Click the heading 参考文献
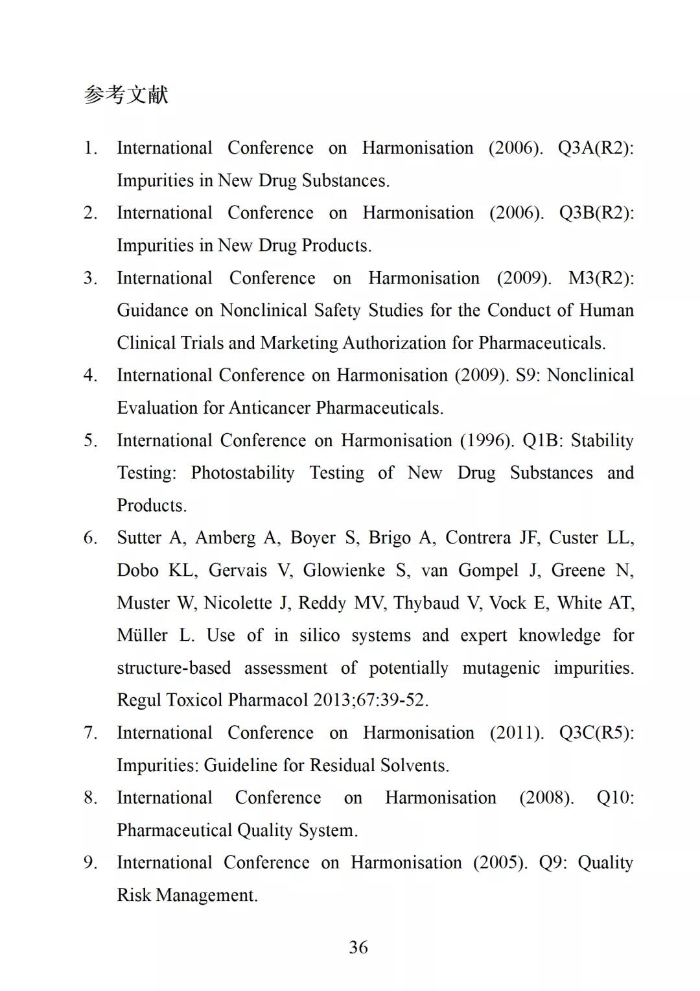(126, 95)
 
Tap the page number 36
(358, 948)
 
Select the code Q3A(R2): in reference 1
(596, 148)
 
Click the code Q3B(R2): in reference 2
(596, 213)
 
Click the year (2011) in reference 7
(517, 733)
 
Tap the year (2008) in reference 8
(546, 798)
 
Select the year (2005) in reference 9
(500, 863)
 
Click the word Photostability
(242, 473)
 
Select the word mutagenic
(501, 668)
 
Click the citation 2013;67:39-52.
(371, 700)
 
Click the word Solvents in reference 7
(414, 765)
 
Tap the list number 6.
(90, 538)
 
